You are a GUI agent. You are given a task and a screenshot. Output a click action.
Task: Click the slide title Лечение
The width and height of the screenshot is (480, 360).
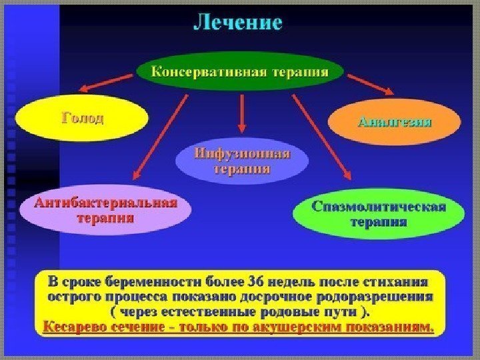point(238,23)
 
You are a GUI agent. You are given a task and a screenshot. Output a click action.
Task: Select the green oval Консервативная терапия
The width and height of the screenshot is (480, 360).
point(240,71)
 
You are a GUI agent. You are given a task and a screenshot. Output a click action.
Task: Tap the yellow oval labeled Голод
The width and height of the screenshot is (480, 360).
point(83,119)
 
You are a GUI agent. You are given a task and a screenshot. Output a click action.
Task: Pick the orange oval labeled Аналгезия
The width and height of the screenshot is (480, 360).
point(395,122)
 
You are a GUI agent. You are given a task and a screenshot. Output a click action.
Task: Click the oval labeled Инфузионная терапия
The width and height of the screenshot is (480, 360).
point(242,162)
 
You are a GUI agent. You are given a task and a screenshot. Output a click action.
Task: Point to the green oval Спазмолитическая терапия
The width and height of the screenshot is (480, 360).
point(378,213)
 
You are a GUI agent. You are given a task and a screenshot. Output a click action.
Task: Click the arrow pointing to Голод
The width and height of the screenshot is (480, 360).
point(107,81)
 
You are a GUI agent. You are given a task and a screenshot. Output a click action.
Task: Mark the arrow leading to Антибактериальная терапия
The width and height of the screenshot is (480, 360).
point(160,137)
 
